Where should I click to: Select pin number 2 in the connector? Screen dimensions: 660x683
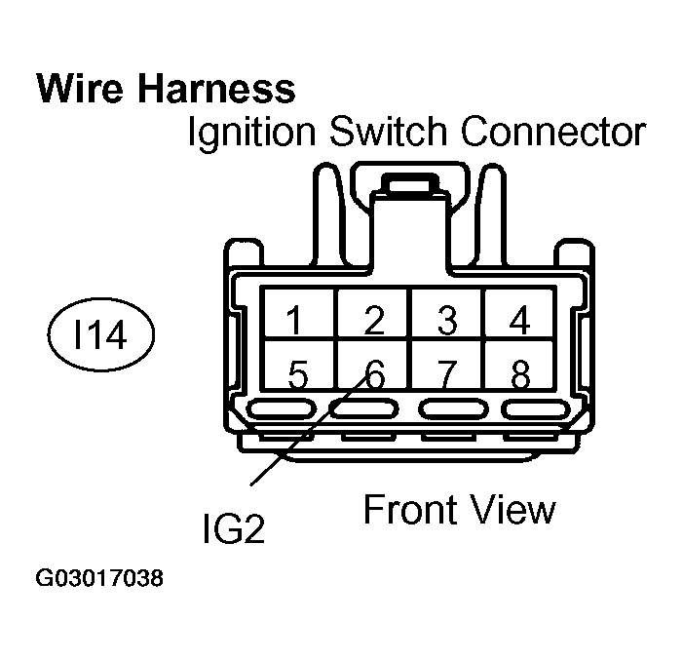pyautogui.click(x=372, y=319)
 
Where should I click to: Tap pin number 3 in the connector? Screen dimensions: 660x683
pyautogui.click(x=446, y=319)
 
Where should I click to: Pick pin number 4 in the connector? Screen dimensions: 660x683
pyautogui.click(x=520, y=319)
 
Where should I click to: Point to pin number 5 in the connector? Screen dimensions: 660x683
pyautogui.click(x=297, y=373)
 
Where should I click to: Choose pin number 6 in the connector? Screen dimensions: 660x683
pyautogui.click(x=373, y=373)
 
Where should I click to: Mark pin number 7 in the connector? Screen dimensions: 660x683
pyautogui.click(x=446, y=373)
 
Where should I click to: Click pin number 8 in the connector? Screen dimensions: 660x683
pyautogui.click(x=520, y=373)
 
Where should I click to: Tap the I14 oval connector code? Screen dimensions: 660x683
pyautogui.click(x=100, y=337)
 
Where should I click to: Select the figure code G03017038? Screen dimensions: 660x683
pyautogui.click(x=99, y=579)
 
